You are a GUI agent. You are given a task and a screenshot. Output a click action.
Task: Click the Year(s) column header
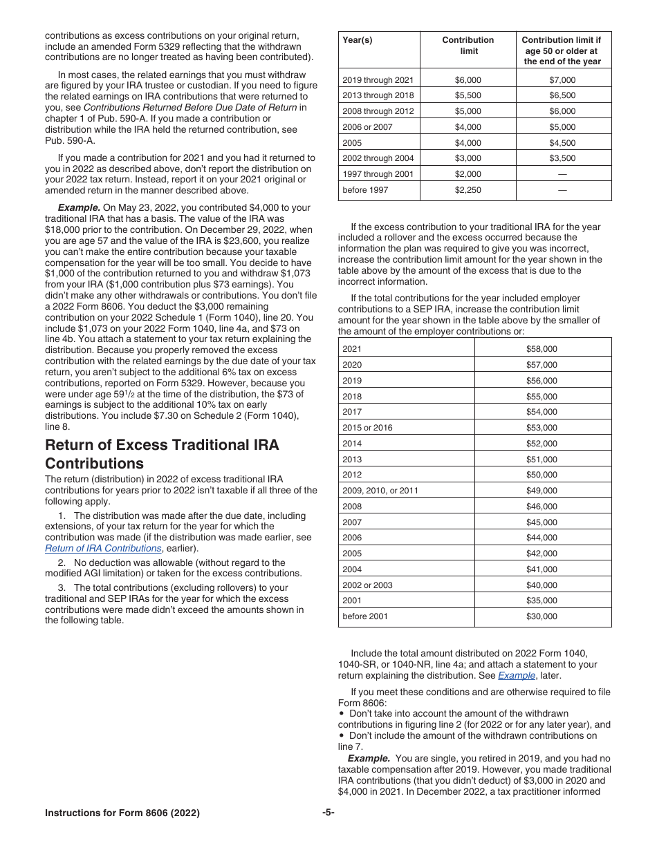358,40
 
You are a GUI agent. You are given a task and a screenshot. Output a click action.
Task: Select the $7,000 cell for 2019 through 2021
562,80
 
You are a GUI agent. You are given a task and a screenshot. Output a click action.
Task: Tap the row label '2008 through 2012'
378,111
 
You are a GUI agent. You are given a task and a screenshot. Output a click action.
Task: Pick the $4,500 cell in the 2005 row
562,143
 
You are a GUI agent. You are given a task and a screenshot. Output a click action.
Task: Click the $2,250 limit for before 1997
468,190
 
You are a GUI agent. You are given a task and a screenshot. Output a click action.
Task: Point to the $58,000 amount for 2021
542,349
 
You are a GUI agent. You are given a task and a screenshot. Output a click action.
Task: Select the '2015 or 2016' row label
367,428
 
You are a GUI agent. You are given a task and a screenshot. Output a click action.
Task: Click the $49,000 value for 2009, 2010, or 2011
542,491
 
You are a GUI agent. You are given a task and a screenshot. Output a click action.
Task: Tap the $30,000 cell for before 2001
542,616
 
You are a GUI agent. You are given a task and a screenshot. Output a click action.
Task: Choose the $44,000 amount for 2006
542,538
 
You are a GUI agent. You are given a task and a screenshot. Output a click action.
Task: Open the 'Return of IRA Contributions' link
103,548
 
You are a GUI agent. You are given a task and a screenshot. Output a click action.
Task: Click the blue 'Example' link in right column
516,676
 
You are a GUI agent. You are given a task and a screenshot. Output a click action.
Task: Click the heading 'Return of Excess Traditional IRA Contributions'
162,454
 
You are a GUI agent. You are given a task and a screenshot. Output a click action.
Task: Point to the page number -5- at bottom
328,813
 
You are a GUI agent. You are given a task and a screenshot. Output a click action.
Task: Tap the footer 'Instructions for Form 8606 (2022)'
122,813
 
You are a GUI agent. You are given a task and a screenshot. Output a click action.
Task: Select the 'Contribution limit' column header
468,45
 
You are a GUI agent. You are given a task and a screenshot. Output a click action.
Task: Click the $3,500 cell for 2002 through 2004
562,159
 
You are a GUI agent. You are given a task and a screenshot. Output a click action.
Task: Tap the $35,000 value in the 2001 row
542,601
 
